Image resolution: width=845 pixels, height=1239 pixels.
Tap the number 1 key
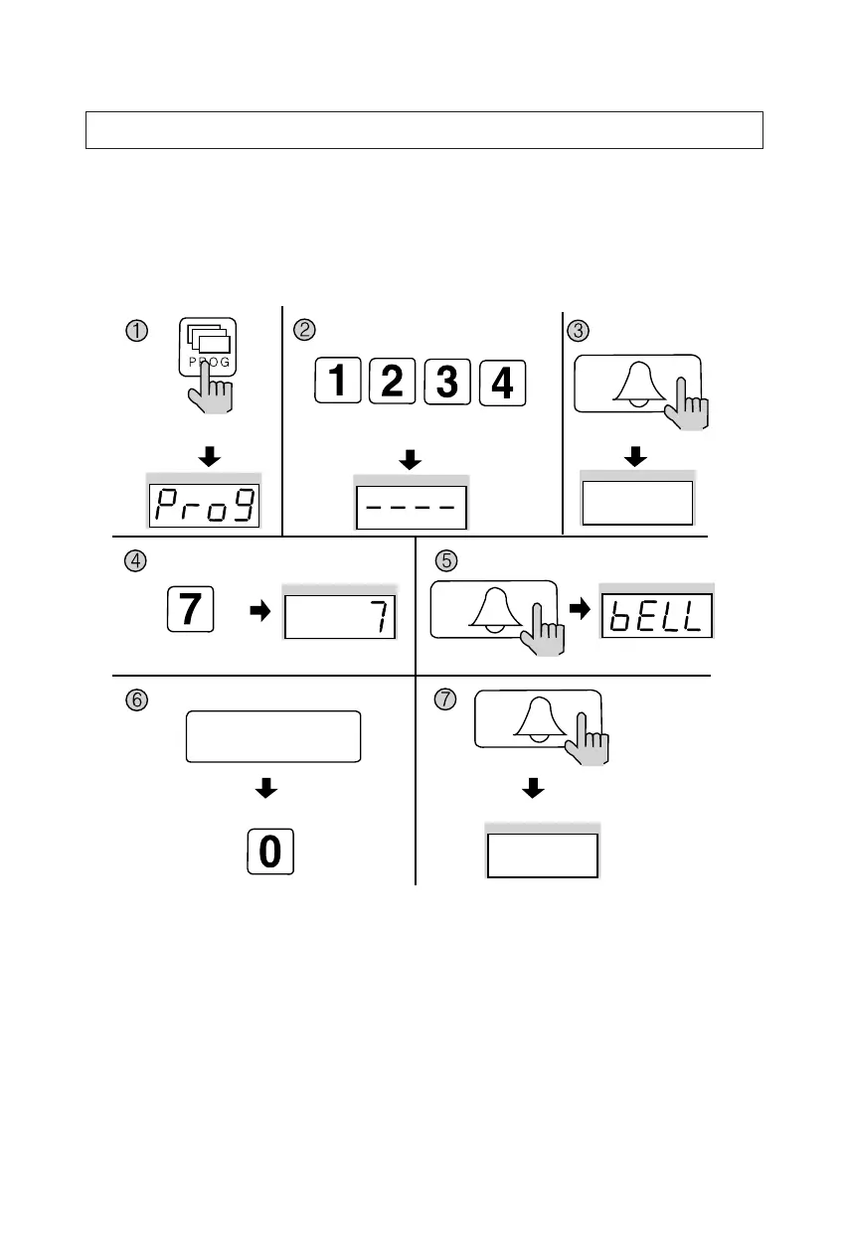338,383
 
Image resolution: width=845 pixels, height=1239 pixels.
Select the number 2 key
393,383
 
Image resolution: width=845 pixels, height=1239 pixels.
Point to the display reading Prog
204,507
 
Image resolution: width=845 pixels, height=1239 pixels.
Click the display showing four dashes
412,508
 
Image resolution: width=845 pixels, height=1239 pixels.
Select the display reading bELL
656,616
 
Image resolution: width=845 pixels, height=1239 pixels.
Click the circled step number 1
136,330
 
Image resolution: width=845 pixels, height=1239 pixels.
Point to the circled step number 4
136,560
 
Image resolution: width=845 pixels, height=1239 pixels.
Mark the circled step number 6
136,699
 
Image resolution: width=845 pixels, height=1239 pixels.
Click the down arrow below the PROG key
210,457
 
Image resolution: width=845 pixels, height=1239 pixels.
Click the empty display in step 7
542,854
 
